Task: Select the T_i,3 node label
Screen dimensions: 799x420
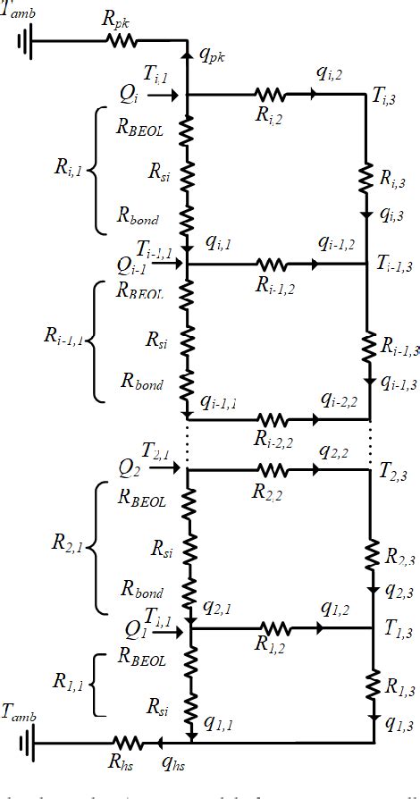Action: click(386, 97)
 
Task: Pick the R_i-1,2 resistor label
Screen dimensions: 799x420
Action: click(275, 285)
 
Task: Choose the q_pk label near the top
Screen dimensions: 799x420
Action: click(211, 55)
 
